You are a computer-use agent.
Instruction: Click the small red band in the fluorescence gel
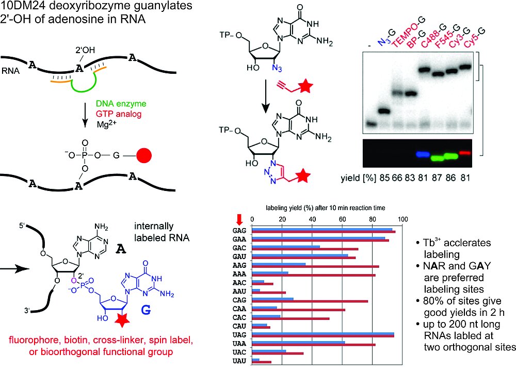pyautogui.click(x=465, y=152)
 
